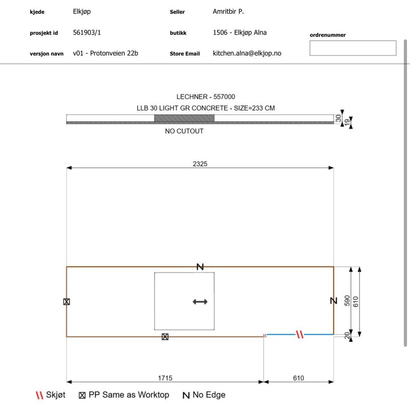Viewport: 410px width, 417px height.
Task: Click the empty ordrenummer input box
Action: click(353, 48)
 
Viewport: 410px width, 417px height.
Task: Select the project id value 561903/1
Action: click(87, 32)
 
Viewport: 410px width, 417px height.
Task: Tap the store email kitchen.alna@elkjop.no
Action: click(247, 53)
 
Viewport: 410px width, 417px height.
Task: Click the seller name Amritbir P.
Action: click(228, 12)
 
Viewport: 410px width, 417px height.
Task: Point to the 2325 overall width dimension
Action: click(200, 164)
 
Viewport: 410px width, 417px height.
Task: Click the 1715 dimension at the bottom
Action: click(165, 378)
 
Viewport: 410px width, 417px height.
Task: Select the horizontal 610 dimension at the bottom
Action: click(299, 378)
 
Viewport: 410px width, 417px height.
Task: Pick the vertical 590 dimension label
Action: click(347, 301)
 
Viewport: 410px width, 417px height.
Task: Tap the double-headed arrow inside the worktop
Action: click(200, 301)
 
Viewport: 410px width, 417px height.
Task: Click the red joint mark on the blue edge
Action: click(300, 334)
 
